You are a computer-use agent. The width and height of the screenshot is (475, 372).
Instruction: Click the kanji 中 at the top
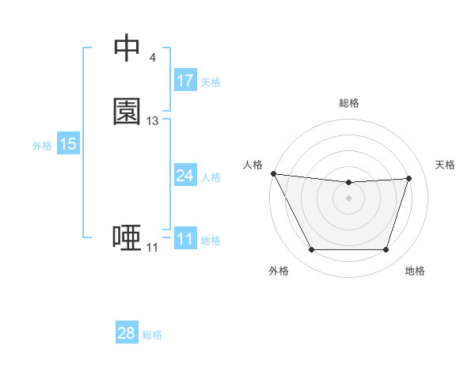(x=127, y=48)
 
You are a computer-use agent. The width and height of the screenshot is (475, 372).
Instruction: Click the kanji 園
(x=127, y=112)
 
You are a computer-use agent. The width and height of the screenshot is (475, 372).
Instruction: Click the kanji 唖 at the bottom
(x=127, y=237)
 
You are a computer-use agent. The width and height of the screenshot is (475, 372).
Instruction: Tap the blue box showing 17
(x=185, y=81)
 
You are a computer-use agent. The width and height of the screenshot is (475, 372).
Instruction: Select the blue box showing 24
(x=185, y=176)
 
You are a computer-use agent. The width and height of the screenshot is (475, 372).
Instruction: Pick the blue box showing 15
(x=68, y=144)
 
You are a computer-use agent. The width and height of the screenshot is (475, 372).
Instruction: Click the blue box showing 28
(x=127, y=333)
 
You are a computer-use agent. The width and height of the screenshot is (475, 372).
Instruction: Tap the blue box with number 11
(x=185, y=239)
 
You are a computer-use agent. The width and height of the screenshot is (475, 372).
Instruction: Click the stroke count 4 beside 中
(x=152, y=58)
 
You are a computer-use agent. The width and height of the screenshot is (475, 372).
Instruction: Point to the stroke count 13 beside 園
(x=153, y=121)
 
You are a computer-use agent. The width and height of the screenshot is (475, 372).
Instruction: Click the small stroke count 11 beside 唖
(x=152, y=248)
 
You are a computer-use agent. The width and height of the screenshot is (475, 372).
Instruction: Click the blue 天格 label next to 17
(x=211, y=82)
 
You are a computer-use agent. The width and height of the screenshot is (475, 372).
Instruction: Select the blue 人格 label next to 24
(x=211, y=177)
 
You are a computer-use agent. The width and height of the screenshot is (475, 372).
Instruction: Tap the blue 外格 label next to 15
(x=42, y=146)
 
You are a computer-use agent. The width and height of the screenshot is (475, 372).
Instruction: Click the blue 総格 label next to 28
(x=152, y=335)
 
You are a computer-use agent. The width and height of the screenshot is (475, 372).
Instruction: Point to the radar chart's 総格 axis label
(x=348, y=103)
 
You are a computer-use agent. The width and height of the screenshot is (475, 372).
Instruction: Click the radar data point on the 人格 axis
(x=273, y=173)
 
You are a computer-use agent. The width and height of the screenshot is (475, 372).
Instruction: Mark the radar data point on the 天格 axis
(x=408, y=178)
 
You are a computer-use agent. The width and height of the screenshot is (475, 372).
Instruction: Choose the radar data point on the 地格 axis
(x=386, y=250)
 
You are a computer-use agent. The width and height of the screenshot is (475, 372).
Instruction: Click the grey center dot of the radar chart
(x=348, y=198)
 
